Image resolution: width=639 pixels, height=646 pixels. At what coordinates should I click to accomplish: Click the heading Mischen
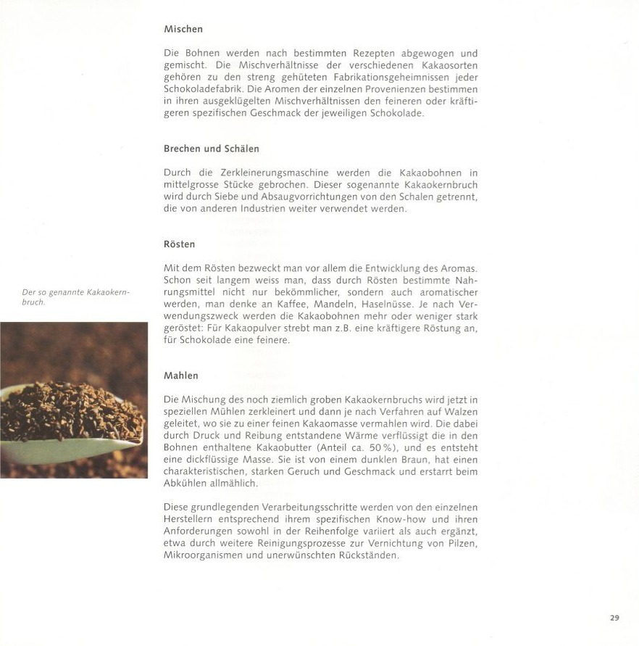coord(183,30)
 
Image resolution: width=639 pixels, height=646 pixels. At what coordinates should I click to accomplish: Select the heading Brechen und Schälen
coord(211,149)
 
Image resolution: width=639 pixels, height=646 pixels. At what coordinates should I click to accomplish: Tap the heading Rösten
coord(179,244)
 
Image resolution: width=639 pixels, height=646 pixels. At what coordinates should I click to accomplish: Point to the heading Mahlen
coord(180,376)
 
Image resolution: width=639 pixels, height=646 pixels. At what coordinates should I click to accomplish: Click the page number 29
coord(614,618)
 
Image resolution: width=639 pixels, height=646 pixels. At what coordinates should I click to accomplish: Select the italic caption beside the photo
coord(75,297)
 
